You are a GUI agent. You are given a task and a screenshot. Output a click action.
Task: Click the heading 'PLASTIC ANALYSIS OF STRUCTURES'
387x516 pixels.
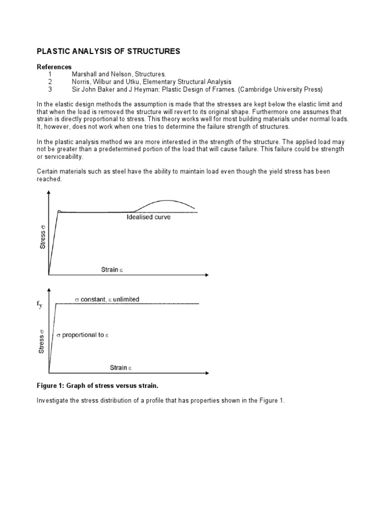pyautogui.click(x=108, y=51)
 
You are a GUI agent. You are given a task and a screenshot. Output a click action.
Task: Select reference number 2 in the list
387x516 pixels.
pyautogui.click(x=50, y=82)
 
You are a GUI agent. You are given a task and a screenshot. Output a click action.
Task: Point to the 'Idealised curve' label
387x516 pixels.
pyautogui.click(x=149, y=218)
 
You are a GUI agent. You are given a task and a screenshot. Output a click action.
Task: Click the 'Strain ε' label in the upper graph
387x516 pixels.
pyautogui.click(x=112, y=270)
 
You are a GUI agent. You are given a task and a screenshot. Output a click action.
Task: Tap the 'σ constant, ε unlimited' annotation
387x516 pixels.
pyautogui.click(x=107, y=299)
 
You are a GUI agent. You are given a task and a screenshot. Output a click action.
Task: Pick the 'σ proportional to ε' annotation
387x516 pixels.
pyautogui.click(x=82, y=335)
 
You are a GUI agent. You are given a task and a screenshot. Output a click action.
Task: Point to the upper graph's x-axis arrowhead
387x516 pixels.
pyautogui.click(x=206, y=275)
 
